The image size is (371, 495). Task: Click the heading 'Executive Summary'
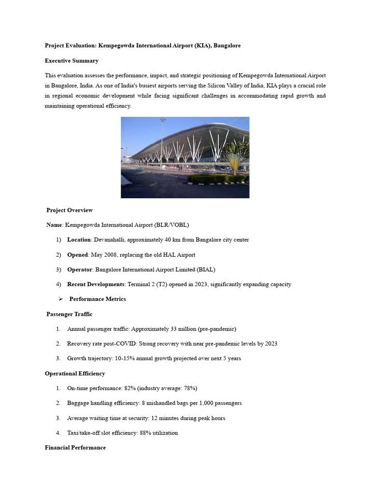pyautogui.click(x=71, y=61)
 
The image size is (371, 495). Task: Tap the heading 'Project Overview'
pyautogui.click(x=70, y=210)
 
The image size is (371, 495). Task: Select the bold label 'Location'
pyautogui.click(x=79, y=240)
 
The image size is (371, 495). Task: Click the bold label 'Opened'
pyautogui.click(x=77, y=255)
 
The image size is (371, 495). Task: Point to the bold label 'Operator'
pyautogui.click(x=79, y=270)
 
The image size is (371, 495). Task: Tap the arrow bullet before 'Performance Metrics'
pyautogui.click(x=61, y=299)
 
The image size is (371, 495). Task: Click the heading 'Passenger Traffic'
pyautogui.click(x=69, y=314)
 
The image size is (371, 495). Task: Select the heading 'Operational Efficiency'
pyautogui.click(x=75, y=374)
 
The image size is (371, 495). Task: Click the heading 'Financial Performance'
pyautogui.click(x=75, y=448)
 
